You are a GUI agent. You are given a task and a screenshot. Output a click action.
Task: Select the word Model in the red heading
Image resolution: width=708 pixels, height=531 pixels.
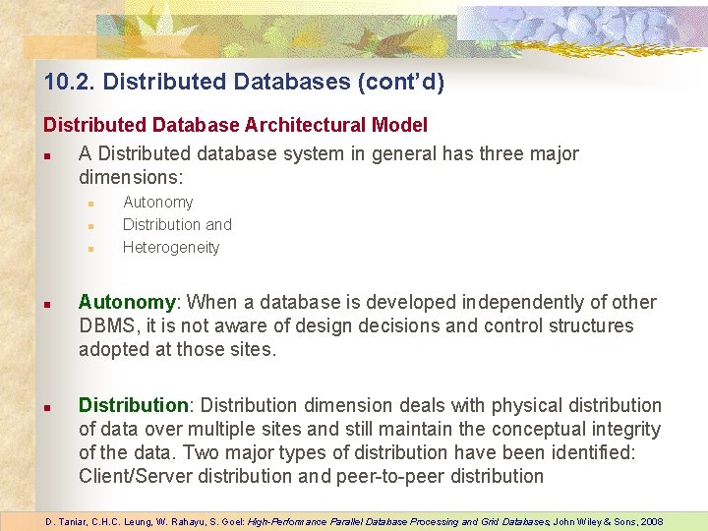(399, 125)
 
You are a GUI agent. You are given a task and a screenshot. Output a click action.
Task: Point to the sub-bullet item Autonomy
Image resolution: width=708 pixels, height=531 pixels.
(157, 202)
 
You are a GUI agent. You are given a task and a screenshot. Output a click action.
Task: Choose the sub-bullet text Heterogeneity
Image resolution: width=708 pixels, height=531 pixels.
(170, 247)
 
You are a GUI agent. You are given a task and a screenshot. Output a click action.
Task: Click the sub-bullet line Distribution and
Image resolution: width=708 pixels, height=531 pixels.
(177, 224)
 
